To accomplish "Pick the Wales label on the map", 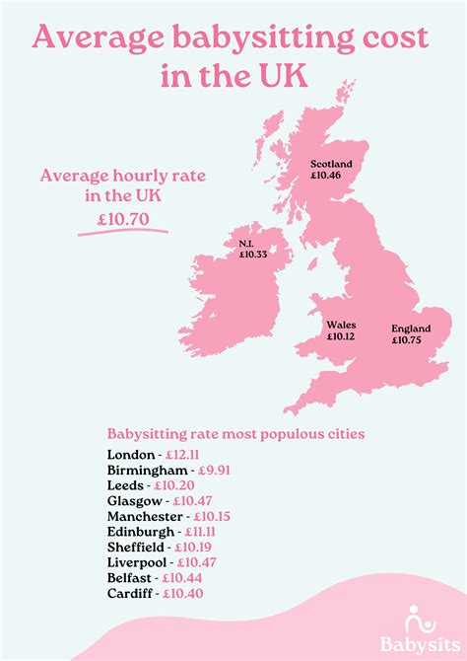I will [341, 324].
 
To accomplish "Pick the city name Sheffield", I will [136, 547].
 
